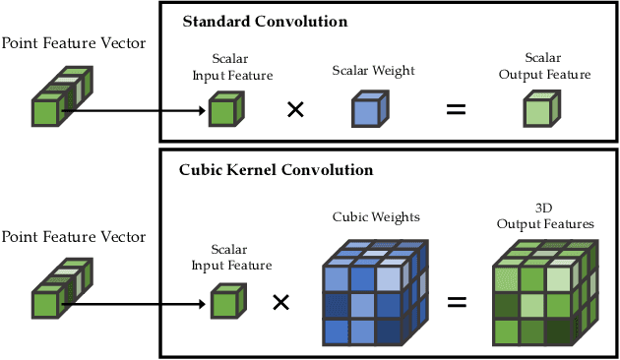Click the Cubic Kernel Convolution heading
[276, 169]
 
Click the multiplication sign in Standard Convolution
[294, 109]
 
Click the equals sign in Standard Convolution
[456, 109]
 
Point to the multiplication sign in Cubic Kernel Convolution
[280, 302]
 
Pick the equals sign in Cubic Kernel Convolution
[456, 302]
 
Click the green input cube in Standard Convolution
[223, 110]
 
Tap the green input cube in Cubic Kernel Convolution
[223, 302]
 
